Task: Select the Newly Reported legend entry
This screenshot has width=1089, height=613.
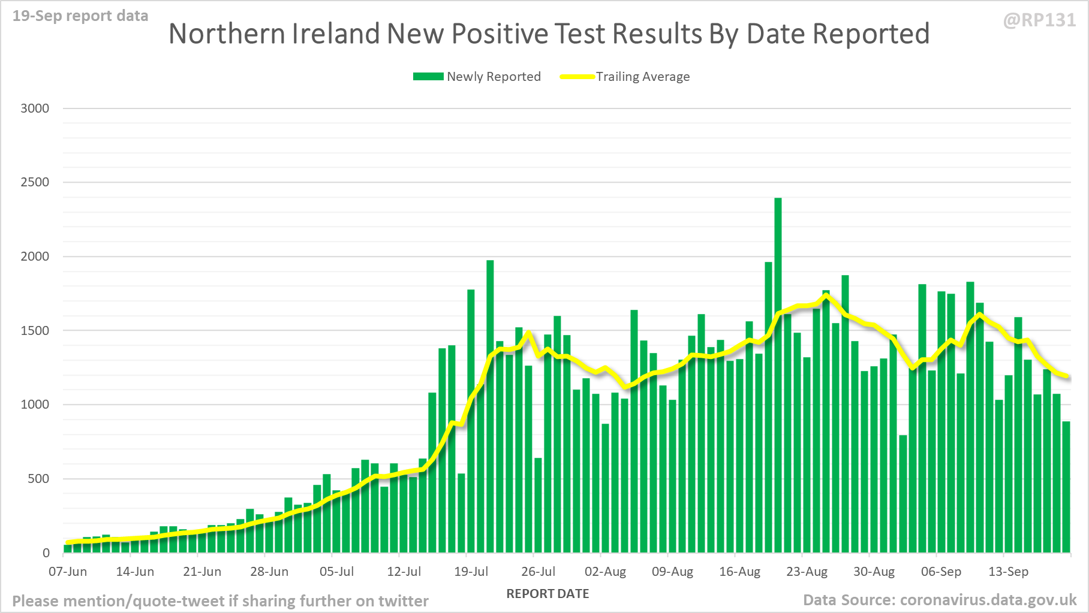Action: coord(477,77)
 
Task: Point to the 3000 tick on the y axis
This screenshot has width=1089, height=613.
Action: coord(35,108)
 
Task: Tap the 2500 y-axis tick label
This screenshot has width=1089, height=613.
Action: coord(35,182)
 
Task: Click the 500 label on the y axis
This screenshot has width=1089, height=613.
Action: coord(38,479)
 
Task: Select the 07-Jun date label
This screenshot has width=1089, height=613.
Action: coord(68,572)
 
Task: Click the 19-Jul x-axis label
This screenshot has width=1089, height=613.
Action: coord(471,572)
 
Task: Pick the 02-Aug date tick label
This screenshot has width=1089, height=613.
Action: coord(605,572)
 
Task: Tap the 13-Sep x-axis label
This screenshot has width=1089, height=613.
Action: coord(1008,572)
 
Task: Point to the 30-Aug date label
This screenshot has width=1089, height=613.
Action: coord(874,572)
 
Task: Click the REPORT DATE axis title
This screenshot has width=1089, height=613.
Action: coord(547,594)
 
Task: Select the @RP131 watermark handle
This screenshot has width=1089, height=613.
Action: coord(1039,20)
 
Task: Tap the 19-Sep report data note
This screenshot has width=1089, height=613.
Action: coord(80,16)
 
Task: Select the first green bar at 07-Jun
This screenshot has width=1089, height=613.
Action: coord(68,548)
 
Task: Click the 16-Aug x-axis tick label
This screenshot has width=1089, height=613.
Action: coord(739,572)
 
